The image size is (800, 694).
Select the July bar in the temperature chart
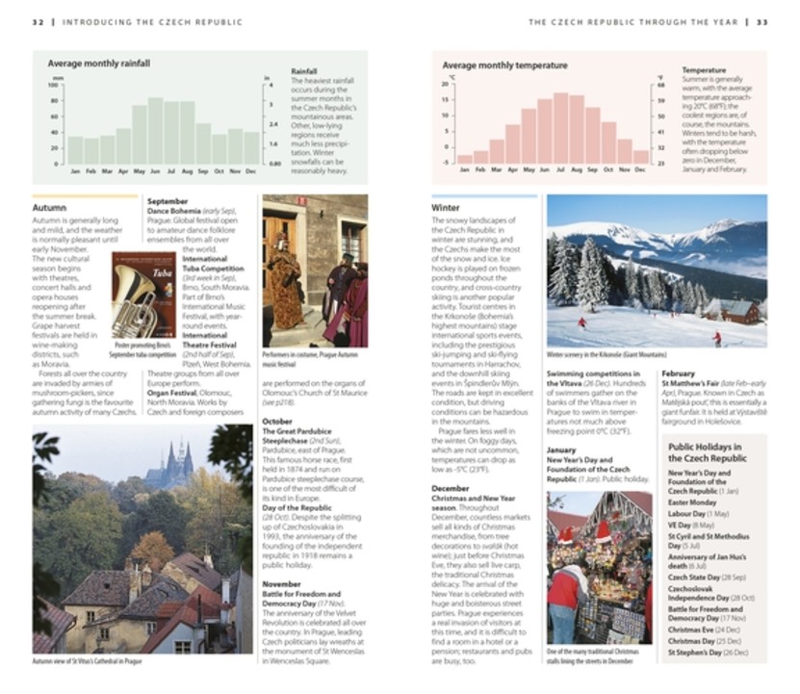pyautogui.click(x=560, y=129)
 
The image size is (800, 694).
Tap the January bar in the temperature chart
pyautogui.click(x=466, y=159)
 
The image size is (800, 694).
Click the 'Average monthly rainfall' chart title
pyautogui.click(x=99, y=64)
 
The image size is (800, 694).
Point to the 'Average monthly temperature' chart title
pyautogui.click(x=505, y=65)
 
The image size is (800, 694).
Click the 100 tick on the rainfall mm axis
pyautogui.click(x=55, y=85)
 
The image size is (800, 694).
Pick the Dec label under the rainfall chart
pyautogui.click(x=251, y=170)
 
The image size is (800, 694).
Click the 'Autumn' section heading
pyautogui.click(x=49, y=207)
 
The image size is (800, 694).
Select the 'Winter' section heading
pyautogui.click(x=446, y=207)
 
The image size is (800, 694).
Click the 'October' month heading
pyautogui.click(x=277, y=421)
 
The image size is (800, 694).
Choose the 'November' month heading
pyautogui.click(x=282, y=583)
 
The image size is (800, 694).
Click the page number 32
pyautogui.click(x=38, y=22)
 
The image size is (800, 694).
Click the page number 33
pyautogui.click(x=762, y=22)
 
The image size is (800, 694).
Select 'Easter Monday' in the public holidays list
pyautogui.click(x=692, y=501)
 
